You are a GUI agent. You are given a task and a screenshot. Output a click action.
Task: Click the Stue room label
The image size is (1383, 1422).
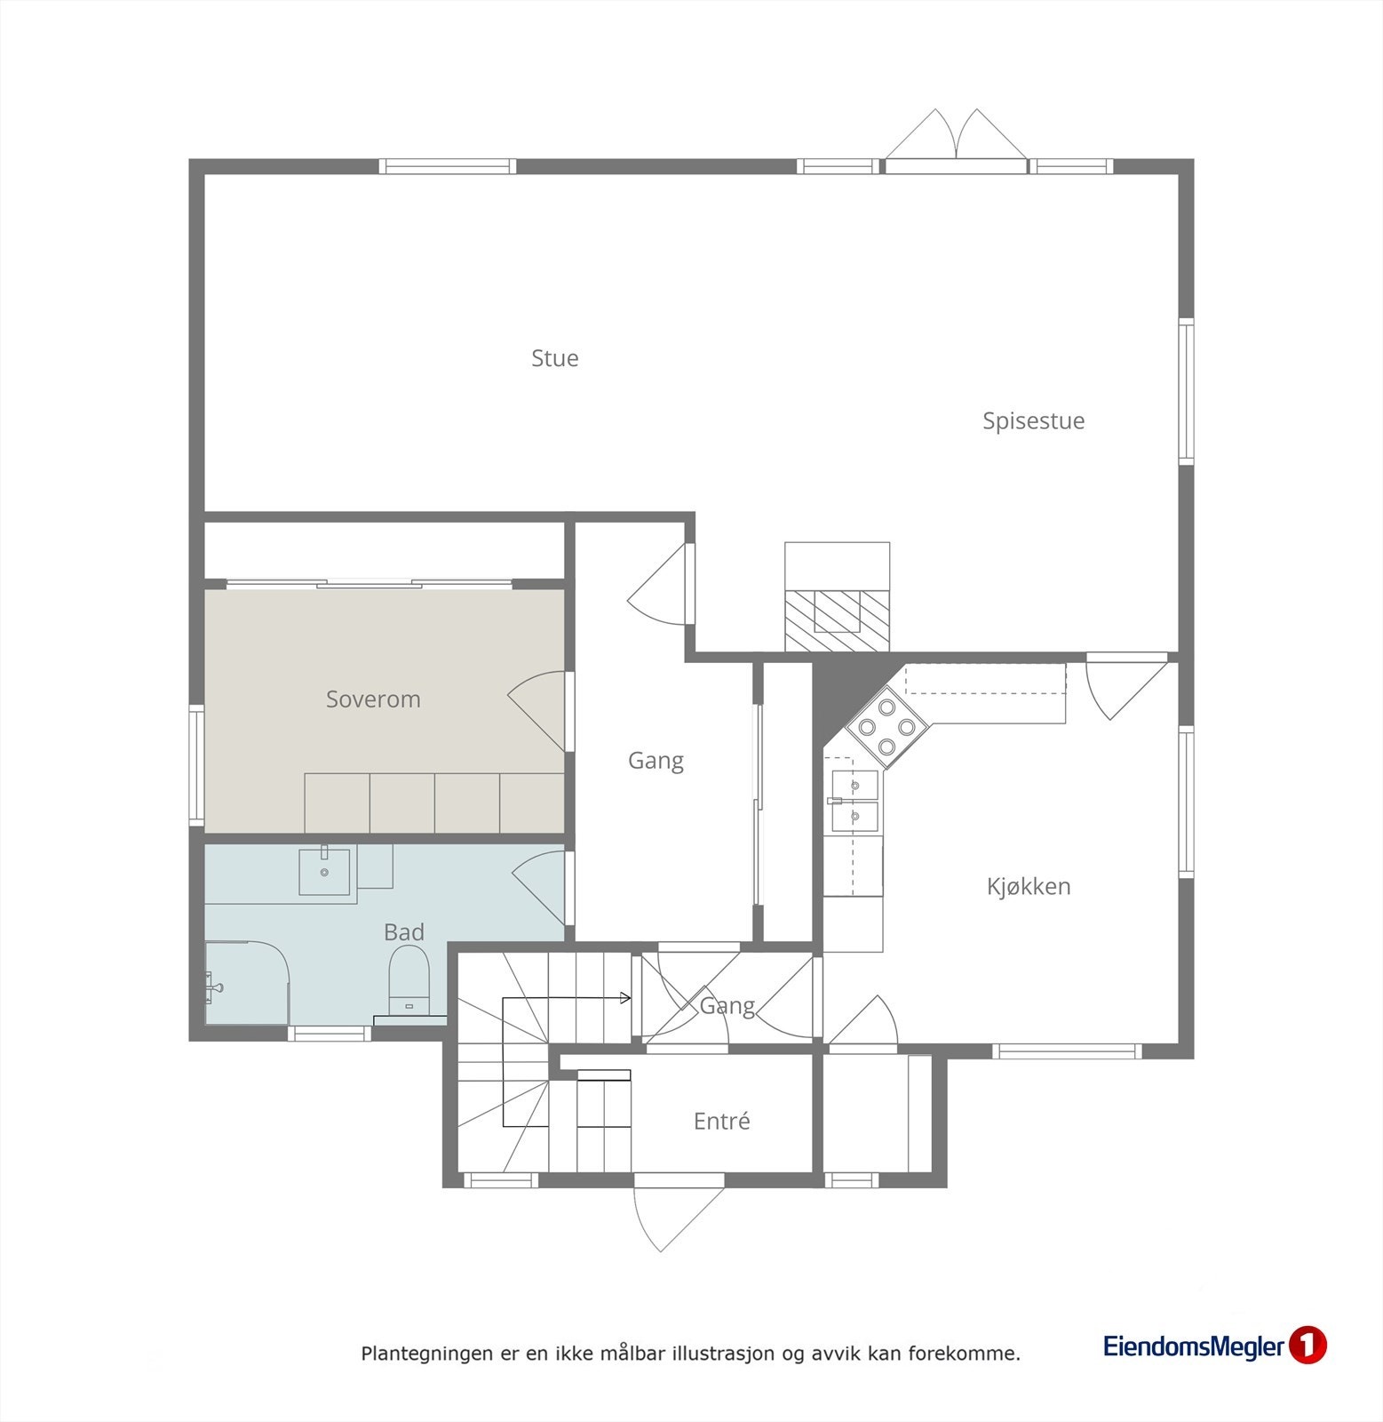click(x=554, y=358)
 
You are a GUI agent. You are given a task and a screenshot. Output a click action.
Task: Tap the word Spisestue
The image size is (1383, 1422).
click(x=1033, y=420)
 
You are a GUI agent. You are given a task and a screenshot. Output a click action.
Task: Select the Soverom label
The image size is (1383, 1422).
click(x=373, y=699)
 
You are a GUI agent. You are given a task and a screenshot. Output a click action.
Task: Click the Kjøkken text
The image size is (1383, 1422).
click(x=1029, y=886)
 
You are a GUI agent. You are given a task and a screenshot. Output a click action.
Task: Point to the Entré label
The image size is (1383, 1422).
click(x=721, y=1122)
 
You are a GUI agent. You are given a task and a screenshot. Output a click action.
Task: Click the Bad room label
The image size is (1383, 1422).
click(x=403, y=932)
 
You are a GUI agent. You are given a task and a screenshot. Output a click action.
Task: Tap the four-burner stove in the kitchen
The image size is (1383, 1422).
click(x=887, y=727)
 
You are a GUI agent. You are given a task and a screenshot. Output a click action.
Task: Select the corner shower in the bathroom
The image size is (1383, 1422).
click(x=245, y=983)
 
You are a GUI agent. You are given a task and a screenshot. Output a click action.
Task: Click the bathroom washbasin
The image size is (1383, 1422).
click(x=324, y=871)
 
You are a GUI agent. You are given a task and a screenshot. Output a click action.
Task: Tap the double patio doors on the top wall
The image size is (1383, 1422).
click(x=957, y=142)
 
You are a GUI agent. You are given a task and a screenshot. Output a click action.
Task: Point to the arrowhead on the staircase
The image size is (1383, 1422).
click(x=626, y=998)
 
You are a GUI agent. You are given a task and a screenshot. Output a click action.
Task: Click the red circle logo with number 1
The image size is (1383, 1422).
click(x=1307, y=1346)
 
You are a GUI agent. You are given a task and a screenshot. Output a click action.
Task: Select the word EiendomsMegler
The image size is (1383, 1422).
click(x=1194, y=1346)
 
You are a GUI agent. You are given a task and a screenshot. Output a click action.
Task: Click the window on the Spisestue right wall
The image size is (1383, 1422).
click(x=1186, y=391)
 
